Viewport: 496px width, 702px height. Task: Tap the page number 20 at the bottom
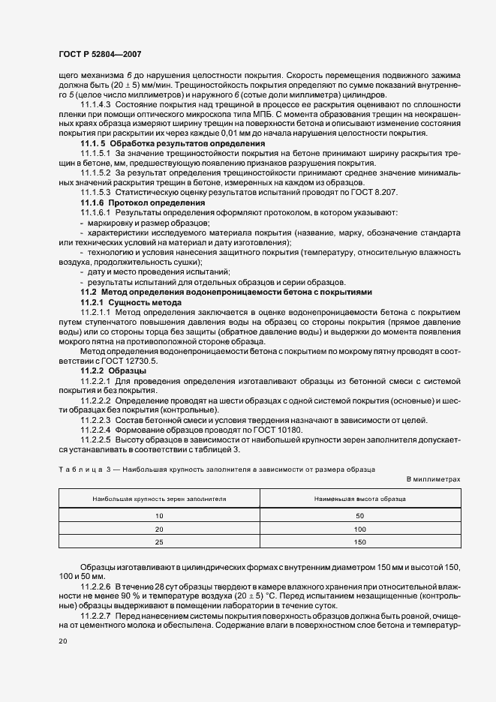[x=61, y=643]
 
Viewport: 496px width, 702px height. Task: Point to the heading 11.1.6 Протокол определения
[x=143, y=203]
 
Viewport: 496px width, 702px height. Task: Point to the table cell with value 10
[x=159, y=515]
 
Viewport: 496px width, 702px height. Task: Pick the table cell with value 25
[x=159, y=541]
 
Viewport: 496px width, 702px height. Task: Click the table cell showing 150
[x=360, y=541]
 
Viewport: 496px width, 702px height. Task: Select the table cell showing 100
[x=360, y=528]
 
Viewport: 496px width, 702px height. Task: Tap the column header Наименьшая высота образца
[x=360, y=498]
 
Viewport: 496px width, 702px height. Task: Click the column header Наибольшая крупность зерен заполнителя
[x=159, y=498]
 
